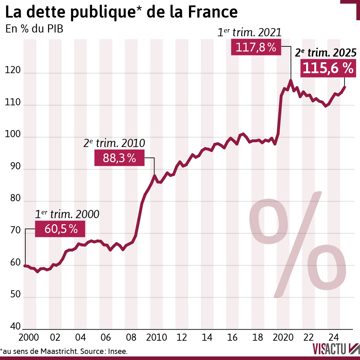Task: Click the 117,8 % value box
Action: (x=256, y=47)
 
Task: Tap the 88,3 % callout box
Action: (x=119, y=158)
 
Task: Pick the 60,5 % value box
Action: (x=61, y=229)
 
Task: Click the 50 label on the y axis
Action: (x=13, y=297)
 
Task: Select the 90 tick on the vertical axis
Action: (x=13, y=168)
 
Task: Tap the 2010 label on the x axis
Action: (x=156, y=338)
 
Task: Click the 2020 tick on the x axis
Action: (x=283, y=338)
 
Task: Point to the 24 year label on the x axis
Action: (x=334, y=338)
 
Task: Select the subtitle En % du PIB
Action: (x=34, y=29)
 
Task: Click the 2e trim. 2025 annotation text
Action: (x=325, y=53)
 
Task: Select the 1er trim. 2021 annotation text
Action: (x=249, y=33)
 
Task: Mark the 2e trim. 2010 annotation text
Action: (x=114, y=144)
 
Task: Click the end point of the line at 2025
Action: (x=345, y=87)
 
